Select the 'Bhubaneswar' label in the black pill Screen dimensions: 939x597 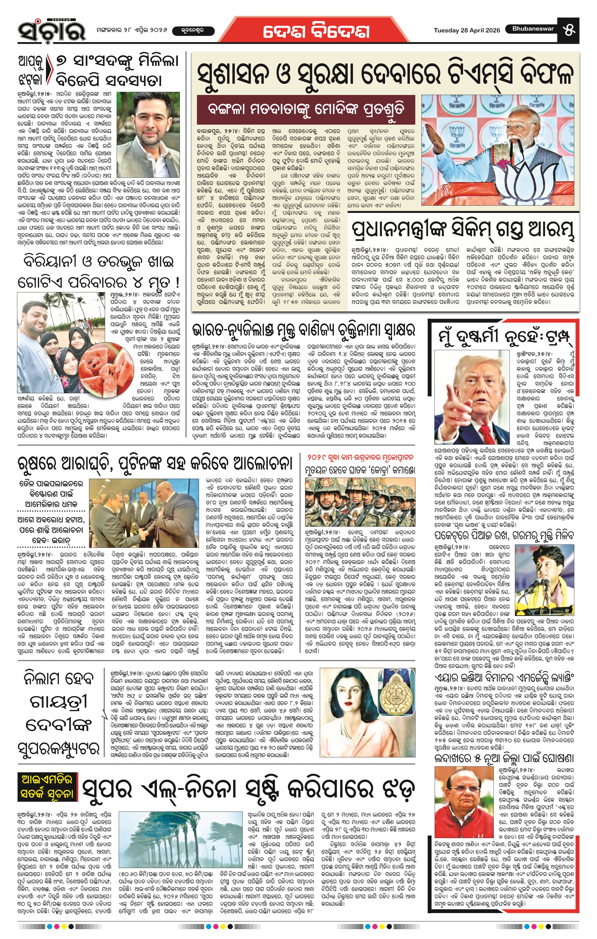coord(533,28)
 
